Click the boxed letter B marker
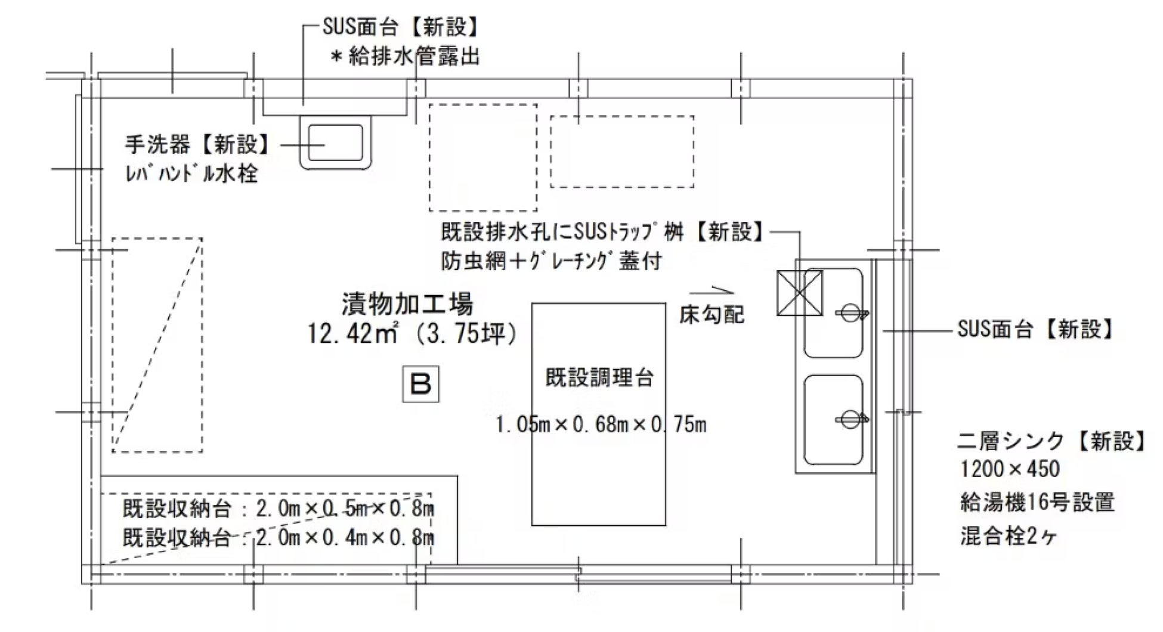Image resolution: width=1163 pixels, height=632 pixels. pos(420,384)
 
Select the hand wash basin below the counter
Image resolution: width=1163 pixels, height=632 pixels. pos(335,143)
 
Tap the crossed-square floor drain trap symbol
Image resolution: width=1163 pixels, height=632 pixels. pos(799,293)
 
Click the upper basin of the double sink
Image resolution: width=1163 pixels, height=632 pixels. pos(833,313)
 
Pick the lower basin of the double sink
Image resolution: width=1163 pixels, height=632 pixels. pos(833,420)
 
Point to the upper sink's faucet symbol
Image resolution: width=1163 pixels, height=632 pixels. pos(850,312)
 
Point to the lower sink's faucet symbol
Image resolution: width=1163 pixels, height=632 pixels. pos(850,419)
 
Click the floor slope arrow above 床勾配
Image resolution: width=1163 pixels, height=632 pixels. pos(712,292)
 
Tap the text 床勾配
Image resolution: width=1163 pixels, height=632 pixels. pos(712,314)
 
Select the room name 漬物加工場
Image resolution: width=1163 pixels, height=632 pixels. pos(407,303)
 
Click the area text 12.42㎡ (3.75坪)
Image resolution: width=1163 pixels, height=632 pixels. pos(412,333)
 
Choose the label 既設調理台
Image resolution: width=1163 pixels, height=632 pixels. pos(599,377)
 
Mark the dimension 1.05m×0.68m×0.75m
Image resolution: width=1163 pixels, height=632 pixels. pos(601,425)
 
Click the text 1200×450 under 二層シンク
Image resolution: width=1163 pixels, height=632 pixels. pos(1010,469)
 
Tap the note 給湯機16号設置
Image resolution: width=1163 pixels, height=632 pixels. pos(1037,502)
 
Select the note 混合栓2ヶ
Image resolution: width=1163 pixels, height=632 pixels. pos(1009,535)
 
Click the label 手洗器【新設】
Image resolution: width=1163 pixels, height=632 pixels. pos(197,144)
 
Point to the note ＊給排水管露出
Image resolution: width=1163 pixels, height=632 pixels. pos(406,57)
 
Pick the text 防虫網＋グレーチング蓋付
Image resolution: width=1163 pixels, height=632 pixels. pos(552,261)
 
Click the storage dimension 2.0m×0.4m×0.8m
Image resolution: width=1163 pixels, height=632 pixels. pos(345,538)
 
